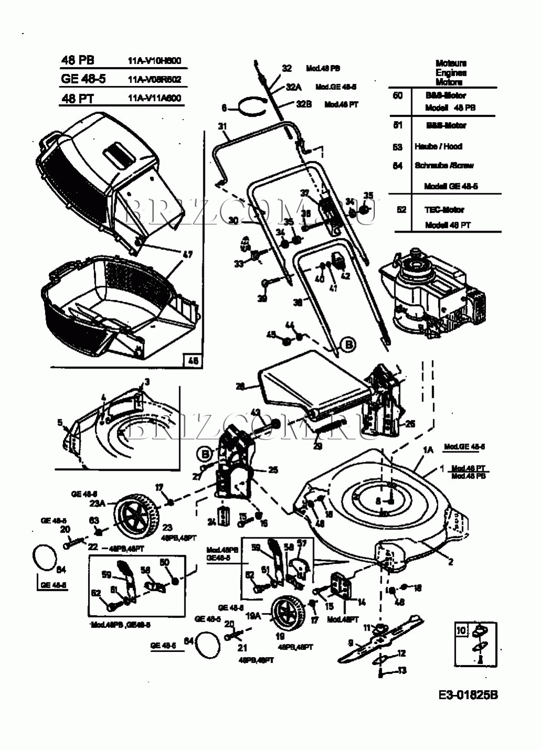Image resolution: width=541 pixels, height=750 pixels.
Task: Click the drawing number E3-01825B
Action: (x=468, y=695)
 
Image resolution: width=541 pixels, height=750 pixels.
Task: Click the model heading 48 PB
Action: (x=78, y=60)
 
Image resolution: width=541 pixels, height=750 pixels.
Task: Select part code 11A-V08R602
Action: (x=154, y=79)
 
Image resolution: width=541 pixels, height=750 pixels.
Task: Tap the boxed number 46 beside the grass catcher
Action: (x=193, y=361)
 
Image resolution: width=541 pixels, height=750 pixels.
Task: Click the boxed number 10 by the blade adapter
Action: (x=461, y=631)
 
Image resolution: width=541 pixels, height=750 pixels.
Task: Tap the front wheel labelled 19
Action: (x=286, y=615)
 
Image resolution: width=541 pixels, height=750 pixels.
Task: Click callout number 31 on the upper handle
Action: (x=222, y=126)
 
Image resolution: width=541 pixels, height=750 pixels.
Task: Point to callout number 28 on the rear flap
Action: (x=240, y=387)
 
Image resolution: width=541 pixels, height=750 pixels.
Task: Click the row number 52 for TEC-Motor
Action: (x=401, y=209)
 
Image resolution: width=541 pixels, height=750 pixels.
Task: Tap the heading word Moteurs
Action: (x=450, y=63)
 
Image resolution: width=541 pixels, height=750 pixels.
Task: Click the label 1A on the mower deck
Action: (x=428, y=450)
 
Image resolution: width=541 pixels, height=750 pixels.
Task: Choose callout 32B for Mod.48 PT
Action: (x=304, y=104)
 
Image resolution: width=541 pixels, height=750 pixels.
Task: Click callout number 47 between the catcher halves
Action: (x=187, y=255)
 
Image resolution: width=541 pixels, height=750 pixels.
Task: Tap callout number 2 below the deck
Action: (x=450, y=562)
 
